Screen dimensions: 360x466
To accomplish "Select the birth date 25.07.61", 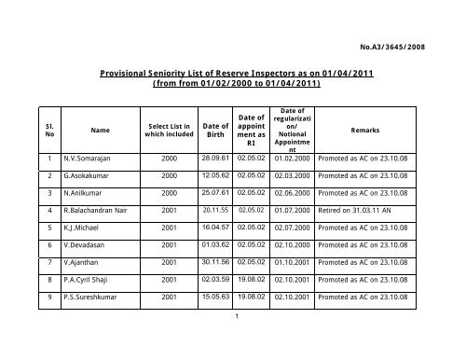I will click(216, 211).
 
